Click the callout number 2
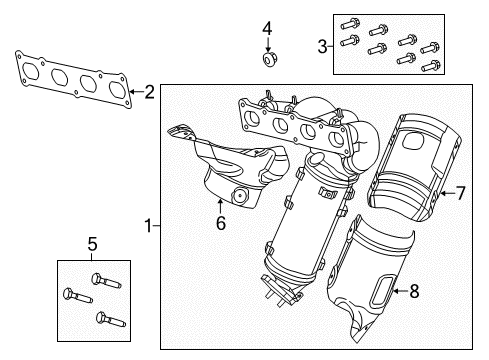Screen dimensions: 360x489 (149, 93)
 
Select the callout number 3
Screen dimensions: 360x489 (323, 44)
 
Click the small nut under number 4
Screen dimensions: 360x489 (267, 61)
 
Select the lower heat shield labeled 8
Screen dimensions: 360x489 (375, 290)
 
